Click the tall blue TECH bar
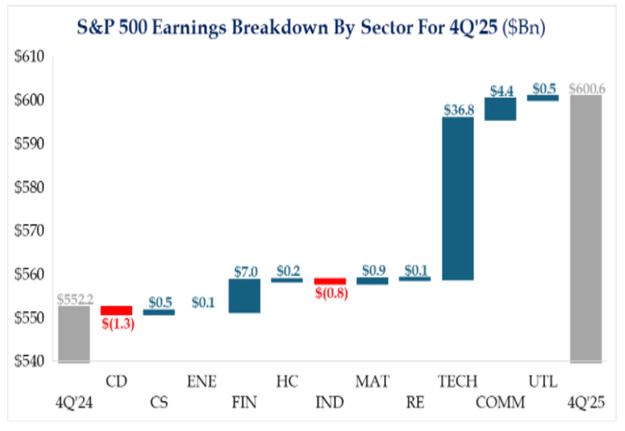coord(458,199)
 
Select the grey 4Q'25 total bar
coord(586,228)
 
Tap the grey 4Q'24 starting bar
coord(74,333)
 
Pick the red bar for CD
coord(116,311)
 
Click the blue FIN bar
coord(244,296)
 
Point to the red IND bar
coord(330,281)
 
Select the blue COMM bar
coord(500,109)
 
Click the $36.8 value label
coord(458,110)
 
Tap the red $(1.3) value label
coord(117,324)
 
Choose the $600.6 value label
coord(587,88)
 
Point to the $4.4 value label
coord(500,90)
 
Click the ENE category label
coord(202,382)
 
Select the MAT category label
coord(372,382)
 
